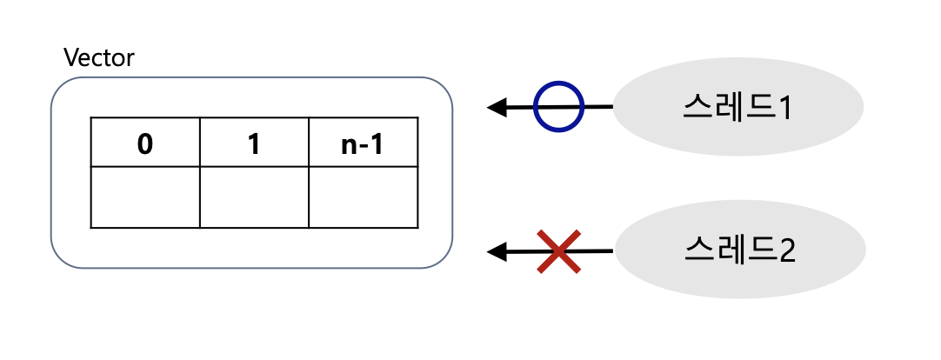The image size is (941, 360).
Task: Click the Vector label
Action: click(99, 58)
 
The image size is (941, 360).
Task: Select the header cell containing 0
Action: click(145, 143)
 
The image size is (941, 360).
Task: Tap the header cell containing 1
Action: click(254, 143)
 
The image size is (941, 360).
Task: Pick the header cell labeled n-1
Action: click(363, 143)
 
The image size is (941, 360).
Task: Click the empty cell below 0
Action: click(145, 197)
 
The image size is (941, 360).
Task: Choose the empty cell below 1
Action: click(254, 197)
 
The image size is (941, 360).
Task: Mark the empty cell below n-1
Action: click(363, 197)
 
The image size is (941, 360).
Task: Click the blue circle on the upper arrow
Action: click(557, 107)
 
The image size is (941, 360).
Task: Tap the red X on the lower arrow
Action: click(558, 251)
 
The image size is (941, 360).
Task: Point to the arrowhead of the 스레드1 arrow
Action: click(497, 108)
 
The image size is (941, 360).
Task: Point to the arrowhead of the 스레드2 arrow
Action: click(497, 252)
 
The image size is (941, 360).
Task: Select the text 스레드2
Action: click(738, 250)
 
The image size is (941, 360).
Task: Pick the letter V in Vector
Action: click(71, 58)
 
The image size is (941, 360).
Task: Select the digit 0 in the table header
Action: click(145, 143)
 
